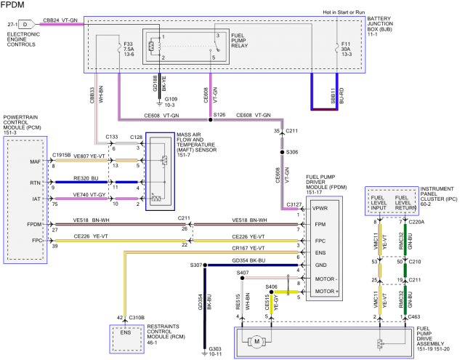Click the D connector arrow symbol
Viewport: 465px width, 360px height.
pyautogui.click(x=25, y=23)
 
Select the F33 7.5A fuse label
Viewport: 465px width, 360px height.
pyautogui.click(x=130, y=49)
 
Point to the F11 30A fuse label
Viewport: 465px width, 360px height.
pyautogui.click(x=346, y=49)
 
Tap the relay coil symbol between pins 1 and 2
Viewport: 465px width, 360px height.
pyautogui.click(x=151, y=47)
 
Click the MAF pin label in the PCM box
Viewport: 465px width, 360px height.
pyautogui.click(x=35, y=161)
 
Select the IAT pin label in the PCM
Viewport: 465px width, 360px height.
pyautogui.click(x=35, y=197)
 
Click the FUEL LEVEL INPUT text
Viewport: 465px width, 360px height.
pyautogui.click(x=379, y=201)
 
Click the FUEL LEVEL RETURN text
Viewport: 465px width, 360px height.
pyautogui.click(x=405, y=201)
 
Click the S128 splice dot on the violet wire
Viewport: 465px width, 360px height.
pyautogui.click(x=211, y=115)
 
